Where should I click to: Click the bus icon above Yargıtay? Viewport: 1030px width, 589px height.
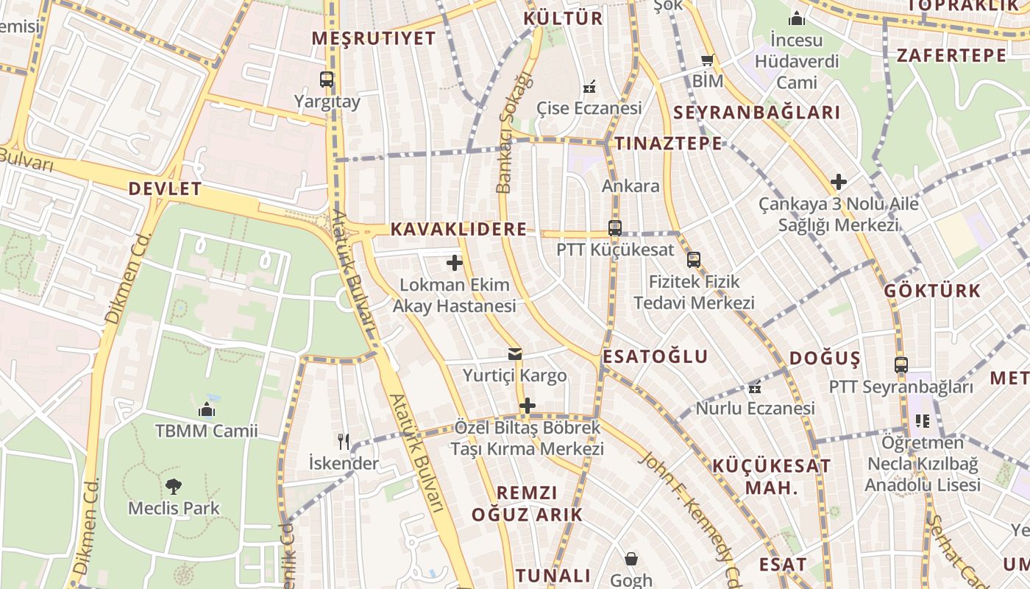pyautogui.click(x=327, y=80)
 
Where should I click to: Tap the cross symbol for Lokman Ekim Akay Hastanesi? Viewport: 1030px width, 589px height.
pyautogui.click(x=455, y=262)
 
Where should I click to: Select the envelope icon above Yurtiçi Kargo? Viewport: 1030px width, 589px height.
pyautogui.click(x=515, y=354)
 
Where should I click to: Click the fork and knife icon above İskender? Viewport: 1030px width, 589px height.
pyautogui.click(x=343, y=441)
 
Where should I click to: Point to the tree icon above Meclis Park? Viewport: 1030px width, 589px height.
pyautogui.click(x=174, y=486)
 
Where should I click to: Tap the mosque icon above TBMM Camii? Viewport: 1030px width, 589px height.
pyautogui.click(x=207, y=409)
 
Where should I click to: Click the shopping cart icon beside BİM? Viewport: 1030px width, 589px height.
pyautogui.click(x=708, y=60)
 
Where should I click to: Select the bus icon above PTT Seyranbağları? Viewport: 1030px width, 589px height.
pyautogui.click(x=901, y=364)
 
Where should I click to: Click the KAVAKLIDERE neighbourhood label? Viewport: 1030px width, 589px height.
pyautogui.click(x=458, y=229)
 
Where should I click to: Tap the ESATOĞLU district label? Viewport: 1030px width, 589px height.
pyautogui.click(x=656, y=357)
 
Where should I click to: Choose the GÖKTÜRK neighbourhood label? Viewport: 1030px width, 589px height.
pyautogui.click(x=933, y=291)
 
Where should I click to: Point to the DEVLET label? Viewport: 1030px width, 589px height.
pyautogui.click(x=165, y=188)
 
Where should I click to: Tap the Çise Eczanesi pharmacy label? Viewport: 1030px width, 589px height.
pyautogui.click(x=589, y=107)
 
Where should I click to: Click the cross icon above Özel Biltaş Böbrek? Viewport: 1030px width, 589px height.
pyautogui.click(x=527, y=406)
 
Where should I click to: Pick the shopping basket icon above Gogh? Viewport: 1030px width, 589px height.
pyautogui.click(x=631, y=559)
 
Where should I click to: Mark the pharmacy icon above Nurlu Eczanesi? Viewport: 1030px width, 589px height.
pyautogui.click(x=755, y=387)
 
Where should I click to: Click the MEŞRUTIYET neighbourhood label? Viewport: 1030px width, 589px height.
pyautogui.click(x=374, y=38)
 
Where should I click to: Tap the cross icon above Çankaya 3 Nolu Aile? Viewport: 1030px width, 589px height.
pyautogui.click(x=839, y=181)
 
